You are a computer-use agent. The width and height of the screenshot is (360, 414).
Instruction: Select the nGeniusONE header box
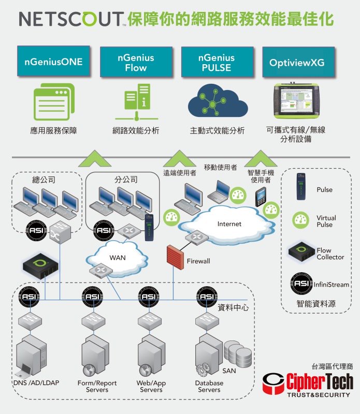point(53,62)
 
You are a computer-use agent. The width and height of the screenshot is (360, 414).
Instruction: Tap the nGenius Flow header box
point(136,62)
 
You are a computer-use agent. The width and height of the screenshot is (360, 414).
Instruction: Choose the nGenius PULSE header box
point(217,62)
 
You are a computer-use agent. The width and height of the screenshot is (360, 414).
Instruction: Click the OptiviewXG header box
point(298,62)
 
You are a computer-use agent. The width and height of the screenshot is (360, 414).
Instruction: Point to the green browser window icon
point(53,101)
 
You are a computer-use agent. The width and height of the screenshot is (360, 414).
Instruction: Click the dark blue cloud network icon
point(217,100)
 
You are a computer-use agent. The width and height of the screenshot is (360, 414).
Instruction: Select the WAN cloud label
point(118,258)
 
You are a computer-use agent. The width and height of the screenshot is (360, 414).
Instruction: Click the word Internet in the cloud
point(229,224)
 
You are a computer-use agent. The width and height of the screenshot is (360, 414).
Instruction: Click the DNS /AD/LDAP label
point(36,383)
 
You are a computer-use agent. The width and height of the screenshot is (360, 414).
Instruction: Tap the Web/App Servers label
point(151,387)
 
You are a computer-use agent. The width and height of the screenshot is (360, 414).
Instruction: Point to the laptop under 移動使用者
point(218,191)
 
